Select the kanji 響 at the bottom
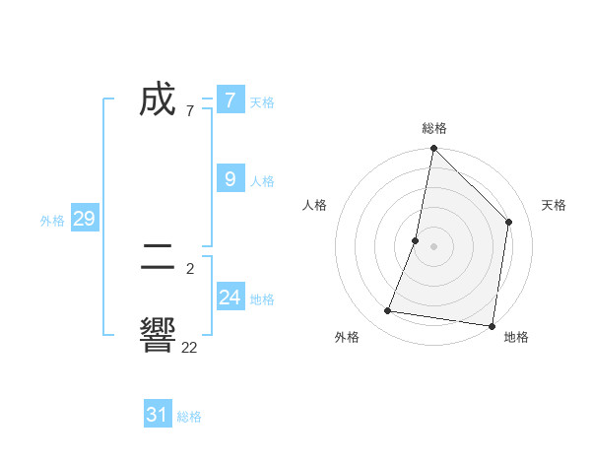click(x=158, y=336)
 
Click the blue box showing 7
click(x=230, y=99)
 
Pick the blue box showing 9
click(x=230, y=178)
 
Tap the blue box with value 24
click(x=230, y=297)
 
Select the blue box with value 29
click(x=85, y=219)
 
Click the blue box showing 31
click(x=158, y=415)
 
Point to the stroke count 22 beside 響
click(x=189, y=347)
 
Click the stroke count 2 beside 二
click(x=189, y=268)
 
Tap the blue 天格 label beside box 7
click(x=262, y=101)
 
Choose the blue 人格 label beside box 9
click(x=262, y=181)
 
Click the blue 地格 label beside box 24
click(x=262, y=299)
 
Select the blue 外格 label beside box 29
click(x=52, y=221)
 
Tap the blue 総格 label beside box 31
click(x=189, y=418)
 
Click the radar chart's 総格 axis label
click(x=433, y=128)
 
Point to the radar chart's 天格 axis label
click(x=555, y=205)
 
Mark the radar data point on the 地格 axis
click(x=492, y=326)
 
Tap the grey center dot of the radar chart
click(x=433, y=246)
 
